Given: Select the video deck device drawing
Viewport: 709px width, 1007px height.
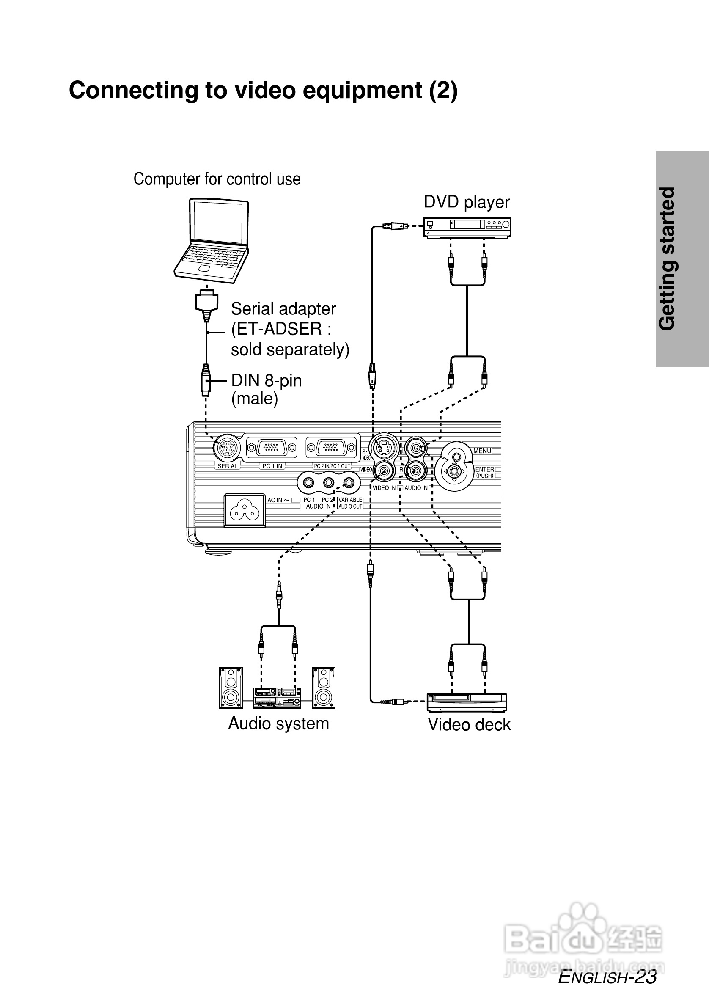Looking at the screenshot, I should (x=467, y=702).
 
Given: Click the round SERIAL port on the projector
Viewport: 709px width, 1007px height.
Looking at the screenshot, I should (x=227, y=448).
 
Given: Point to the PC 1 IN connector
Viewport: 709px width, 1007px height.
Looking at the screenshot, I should (x=272, y=448).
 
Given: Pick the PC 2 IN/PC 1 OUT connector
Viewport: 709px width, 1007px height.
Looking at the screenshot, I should (x=332, y=448).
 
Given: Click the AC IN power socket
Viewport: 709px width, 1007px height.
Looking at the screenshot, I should (x=245, y=510).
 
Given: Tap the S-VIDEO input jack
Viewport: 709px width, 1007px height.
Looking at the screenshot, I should (x=383, y=447).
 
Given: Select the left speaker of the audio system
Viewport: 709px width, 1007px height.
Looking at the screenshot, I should (x=231, y=687).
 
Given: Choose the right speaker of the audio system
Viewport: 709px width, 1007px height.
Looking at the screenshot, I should (x=324, y=687).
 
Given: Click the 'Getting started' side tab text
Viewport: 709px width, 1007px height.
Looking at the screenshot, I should (x=668, y=259).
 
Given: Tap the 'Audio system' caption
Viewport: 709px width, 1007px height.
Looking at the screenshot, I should (x=278, y=723).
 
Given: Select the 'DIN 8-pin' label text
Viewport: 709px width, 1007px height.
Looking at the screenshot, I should (x=266, y=380).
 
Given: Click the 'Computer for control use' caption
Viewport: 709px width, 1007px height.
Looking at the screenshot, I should (x=217, y=179).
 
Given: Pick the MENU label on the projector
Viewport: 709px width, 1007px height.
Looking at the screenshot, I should (x=482, y=451).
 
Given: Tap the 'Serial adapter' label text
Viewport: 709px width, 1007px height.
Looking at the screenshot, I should (x=283, y=309).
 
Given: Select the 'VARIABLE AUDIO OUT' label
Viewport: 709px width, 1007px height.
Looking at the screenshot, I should (x=350, y=503).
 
